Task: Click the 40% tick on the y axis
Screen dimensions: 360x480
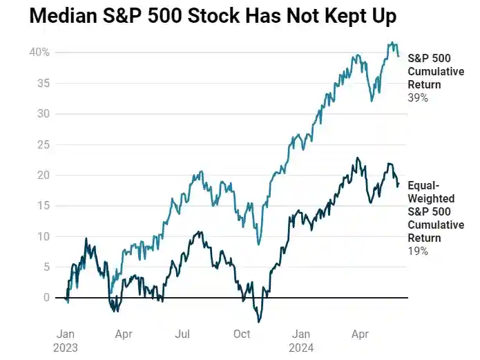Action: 39,53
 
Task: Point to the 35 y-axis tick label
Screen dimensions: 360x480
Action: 43,83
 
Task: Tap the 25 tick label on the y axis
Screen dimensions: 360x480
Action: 43,144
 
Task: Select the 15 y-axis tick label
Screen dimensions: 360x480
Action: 43,205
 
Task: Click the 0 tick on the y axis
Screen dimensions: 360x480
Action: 46,297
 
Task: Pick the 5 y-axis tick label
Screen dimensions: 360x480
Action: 46,267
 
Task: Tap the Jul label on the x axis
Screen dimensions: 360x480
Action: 182,334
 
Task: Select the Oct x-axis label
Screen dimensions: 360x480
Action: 242,334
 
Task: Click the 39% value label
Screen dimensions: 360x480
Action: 418,98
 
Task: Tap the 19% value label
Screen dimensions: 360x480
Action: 418,252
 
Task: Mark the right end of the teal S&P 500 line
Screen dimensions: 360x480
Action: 399,56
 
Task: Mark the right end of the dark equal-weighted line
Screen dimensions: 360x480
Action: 399,183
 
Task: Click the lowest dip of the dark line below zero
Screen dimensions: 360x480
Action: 259,321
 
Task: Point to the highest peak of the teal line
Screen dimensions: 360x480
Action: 391,42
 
